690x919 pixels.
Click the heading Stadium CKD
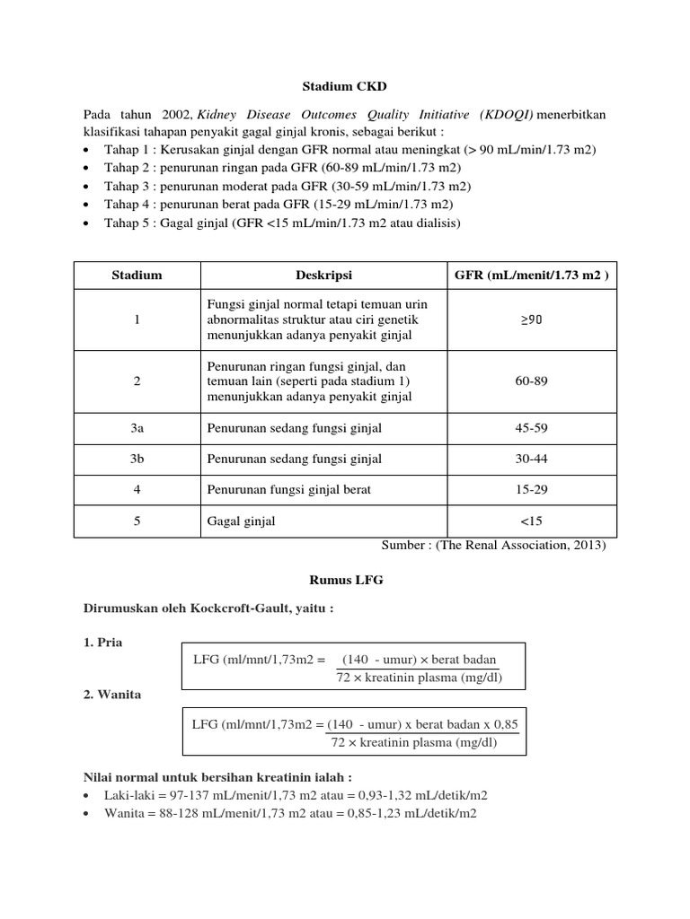[x=344, y=87]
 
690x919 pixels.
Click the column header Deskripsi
[x=323, y=276]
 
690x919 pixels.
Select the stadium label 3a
[x=137, y=428]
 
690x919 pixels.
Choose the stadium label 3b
[x=137, y=459]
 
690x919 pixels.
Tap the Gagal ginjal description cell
[x=242, y=521]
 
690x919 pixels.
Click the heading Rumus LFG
[x=344, y=581]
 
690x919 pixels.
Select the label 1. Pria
[x=104, y=643]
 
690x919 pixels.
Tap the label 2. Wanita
[x=112, y=694]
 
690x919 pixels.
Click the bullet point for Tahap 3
[x=86, y=187]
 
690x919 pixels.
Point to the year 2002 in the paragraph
[x=176, y=115]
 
